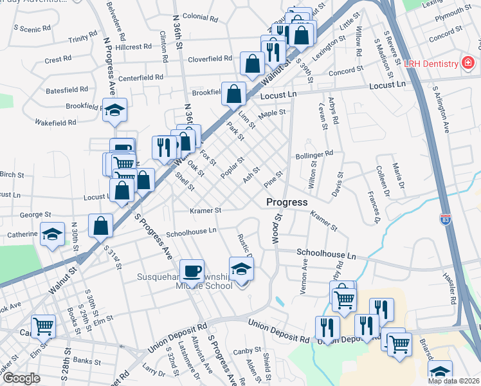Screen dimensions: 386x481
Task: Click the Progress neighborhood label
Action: point(287,202)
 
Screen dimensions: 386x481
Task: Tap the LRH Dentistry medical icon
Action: point(467,63)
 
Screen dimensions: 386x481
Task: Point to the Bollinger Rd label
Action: point(314,154)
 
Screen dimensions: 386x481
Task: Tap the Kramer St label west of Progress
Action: point(206,210)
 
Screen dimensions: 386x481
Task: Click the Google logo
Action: point(21,378)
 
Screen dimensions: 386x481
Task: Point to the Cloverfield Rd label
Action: point(210,59)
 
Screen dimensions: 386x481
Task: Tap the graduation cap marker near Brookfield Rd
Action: point(114,110)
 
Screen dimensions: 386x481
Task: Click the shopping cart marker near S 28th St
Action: point(43,326)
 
